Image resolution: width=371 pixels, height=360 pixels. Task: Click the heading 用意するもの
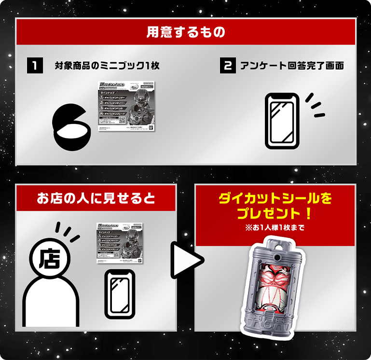tap(186, 33)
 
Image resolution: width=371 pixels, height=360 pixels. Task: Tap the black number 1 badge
tap(34, 66)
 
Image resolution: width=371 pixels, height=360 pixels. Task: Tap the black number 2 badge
tap(227, 66)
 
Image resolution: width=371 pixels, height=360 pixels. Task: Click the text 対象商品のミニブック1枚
tap(107, 66)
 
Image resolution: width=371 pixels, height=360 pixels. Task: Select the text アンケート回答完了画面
tap(292, 66)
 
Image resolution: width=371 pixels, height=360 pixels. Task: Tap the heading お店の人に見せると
tap(96, 198)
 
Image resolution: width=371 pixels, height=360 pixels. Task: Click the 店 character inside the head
tap(49, 258)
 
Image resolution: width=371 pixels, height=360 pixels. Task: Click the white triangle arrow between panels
tap(183, 261)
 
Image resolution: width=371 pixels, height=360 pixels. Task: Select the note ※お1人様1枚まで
tap(275, 227)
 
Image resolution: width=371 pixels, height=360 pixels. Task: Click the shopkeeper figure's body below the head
tap(51, 299)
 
